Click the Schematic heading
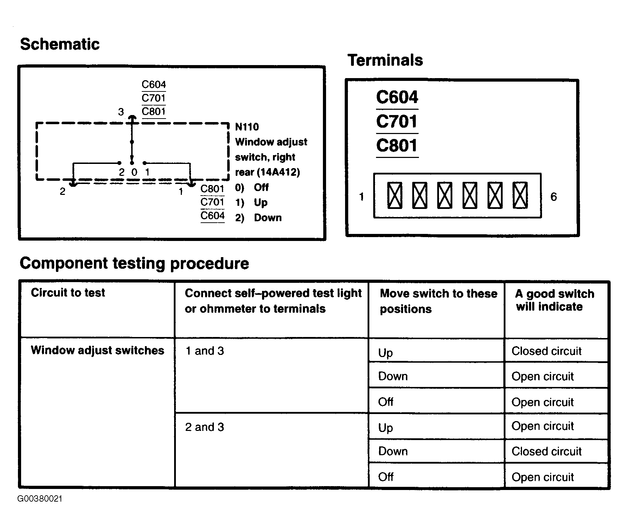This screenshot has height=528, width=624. tap(60, 44)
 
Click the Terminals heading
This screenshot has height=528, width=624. tap(385, 60)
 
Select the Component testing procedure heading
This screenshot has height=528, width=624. tap(134, 263)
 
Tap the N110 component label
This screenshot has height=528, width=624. tap(247, 127)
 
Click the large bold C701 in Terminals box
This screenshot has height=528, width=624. tap(397, 122)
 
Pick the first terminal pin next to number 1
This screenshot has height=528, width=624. tap(394, 195)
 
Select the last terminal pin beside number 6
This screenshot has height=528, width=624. tap(520, 195)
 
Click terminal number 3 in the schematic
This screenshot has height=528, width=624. tap(121, 112)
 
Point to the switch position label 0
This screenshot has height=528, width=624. tap(134, 172)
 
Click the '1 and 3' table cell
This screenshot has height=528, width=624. tap(204, 351)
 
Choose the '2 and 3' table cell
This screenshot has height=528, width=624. tap(204, 427)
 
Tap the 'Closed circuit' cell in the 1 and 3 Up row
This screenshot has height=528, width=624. tap(546, 351)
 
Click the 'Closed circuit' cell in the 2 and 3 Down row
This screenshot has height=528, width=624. tap(546, 451)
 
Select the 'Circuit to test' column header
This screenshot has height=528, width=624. tap(68, 293)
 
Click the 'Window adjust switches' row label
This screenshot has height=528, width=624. tap(97, 350)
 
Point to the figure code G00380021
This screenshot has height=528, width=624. tap(40, 499)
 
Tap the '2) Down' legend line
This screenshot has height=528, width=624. tap(259, 218)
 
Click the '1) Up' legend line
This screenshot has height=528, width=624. tap(251, 203)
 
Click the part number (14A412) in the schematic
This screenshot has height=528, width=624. tap(278, 172)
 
